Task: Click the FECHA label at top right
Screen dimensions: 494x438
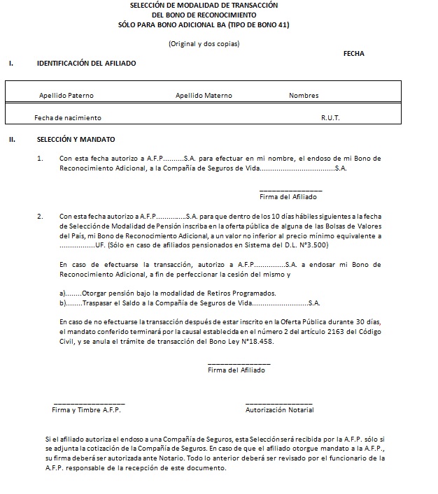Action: click(x=353, y=54)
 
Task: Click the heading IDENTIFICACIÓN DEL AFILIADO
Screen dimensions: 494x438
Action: click(x=87, y=64)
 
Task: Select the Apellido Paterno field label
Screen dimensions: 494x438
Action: click(x=66, y=96)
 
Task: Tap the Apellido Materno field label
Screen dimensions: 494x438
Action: click(x=204, y=96)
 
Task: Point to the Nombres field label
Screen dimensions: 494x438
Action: click(x=304, y=96)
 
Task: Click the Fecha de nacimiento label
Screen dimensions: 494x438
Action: click(x=67, y=118)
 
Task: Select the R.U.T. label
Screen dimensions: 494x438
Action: click(x=330, y=118)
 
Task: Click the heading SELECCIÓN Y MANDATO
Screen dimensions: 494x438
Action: click(x=76, y=139)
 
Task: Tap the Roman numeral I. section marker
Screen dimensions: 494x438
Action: click(x=11, y=64)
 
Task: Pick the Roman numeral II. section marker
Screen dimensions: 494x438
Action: click(x=12, y=139)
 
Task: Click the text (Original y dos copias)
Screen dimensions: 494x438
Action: click(x=204, y=44)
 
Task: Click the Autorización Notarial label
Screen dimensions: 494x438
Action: click(x=279, y=410)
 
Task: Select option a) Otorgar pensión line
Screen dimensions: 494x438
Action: click(x=168, y=292)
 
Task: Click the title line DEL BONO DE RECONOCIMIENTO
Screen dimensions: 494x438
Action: click(x=204, y=15)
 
